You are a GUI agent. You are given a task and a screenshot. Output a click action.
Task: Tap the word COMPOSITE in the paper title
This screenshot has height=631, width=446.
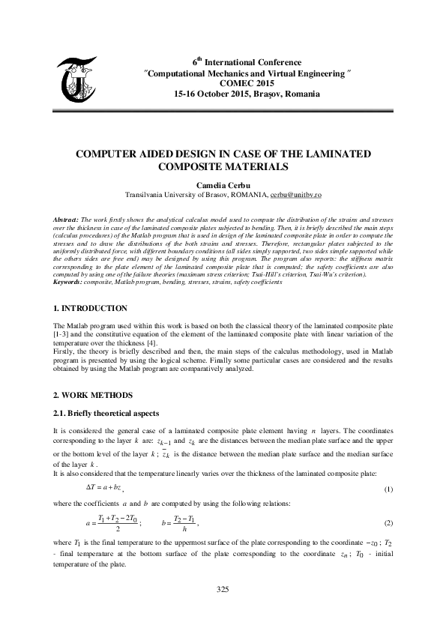click(191, 167)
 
